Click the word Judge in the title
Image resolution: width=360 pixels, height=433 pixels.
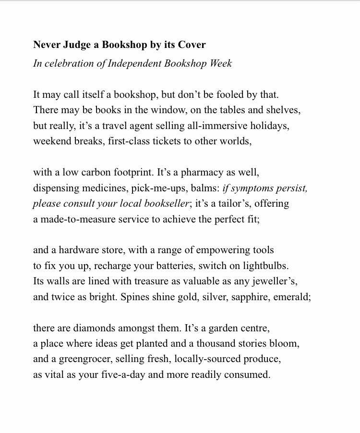(x=74, y=45)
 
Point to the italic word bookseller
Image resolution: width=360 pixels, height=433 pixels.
(x=163, y=204)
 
